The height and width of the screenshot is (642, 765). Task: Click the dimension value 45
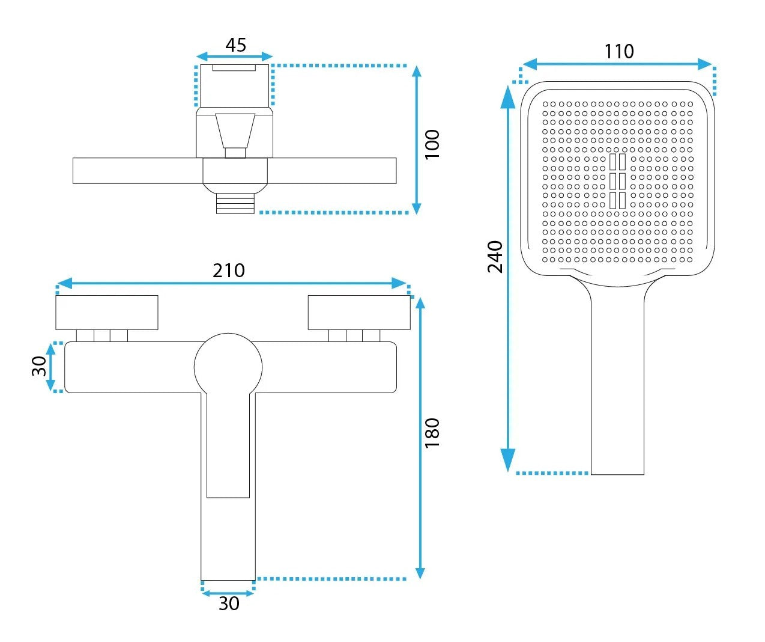coord(235,45)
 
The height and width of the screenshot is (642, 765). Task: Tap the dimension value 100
coord(432,144)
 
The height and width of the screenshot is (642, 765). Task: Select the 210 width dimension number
coord(229,271)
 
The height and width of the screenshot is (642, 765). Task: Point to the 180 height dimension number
coord(432,433)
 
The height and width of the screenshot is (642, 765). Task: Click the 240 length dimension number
coord(495,257)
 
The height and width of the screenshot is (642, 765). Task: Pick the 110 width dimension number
coord(619,51)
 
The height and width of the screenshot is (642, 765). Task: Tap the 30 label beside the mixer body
coord(39,366)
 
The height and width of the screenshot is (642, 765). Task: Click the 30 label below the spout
coord(229,604)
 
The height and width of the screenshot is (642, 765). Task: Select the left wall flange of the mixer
coord(107,313)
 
